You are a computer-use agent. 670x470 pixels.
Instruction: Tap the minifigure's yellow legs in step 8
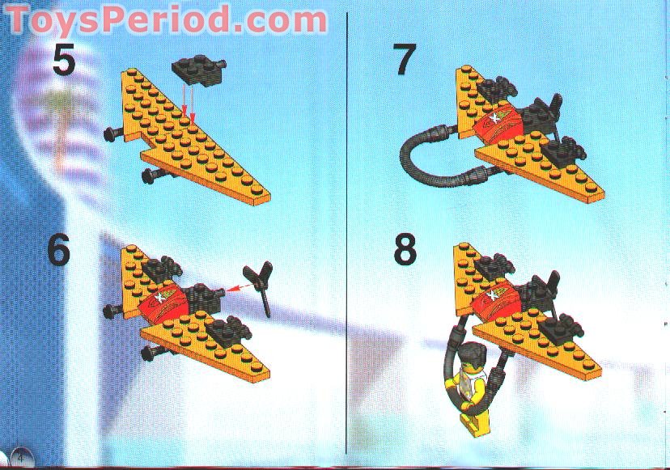click(469, 413)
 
